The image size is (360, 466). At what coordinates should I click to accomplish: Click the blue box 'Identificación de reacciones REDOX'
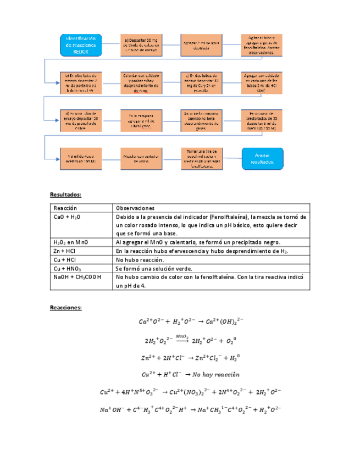pos(81,45)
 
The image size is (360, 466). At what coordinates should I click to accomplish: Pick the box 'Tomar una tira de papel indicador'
pos(202,158)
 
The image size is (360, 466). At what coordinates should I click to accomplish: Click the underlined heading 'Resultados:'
pos(65,195)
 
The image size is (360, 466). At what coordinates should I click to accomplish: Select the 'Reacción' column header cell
pos(65,208)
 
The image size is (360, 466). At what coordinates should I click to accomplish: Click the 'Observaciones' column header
pos(135,208)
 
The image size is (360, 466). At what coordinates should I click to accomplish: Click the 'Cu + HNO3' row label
pos(68,268)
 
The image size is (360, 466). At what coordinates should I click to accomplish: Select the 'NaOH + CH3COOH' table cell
pos(77,277)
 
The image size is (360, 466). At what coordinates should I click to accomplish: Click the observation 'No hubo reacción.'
pos(140,259)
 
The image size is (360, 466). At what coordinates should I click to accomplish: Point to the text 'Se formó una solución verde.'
pos(153,268)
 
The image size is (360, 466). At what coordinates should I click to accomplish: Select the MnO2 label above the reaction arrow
pos(182,336)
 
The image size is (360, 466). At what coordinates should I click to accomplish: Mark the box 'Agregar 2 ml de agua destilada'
pos(202,45)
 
